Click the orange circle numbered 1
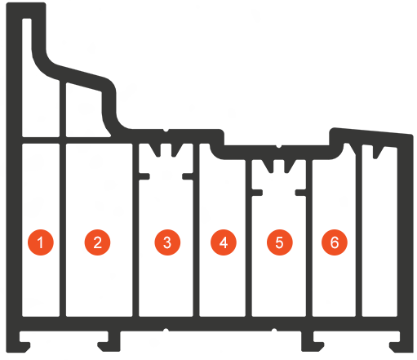[x=41, y=242]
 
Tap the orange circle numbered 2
[x=98, y=242]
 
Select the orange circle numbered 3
[x=167, y=242]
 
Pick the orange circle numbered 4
[x=224, y=242]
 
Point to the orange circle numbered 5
[x=280, y=242]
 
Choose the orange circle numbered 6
[x=335, y=242]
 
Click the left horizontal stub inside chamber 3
[x=144, y=176]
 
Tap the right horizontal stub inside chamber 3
[x=188, y=176]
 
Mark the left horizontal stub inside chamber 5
[x=257, y=193]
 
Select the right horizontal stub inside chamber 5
[x=301, y=193]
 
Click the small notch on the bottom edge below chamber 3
[x=166, y=330]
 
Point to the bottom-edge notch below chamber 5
[x=274, y=330]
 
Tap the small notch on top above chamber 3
[x=166, y=131]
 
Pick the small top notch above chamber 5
[x=278, y=146]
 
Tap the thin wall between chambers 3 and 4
[x=197, y=230]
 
